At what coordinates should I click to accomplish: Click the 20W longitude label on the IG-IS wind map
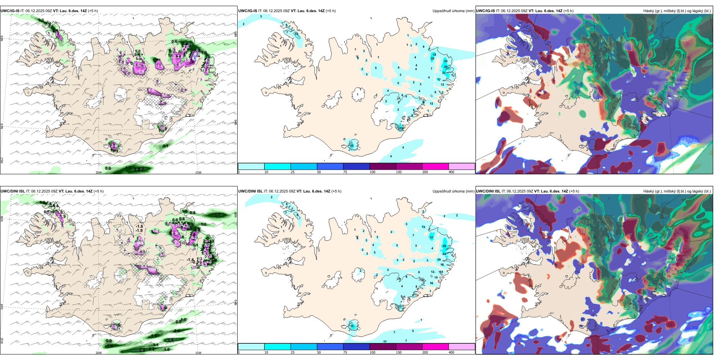pos(99,172)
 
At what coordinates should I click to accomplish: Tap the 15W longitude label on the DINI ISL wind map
pos(198,353)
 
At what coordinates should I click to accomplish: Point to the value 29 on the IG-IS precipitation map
pos(446,67)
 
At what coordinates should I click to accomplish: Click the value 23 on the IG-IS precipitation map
pos(401,128)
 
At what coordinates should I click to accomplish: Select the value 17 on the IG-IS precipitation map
pos(439,80)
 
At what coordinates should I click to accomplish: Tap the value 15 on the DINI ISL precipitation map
pos(352,326)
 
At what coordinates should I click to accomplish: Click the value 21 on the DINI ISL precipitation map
pos(432,237)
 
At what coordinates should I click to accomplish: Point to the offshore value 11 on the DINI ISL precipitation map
pos(385,341)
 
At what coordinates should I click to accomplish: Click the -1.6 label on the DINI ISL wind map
pos(139,226)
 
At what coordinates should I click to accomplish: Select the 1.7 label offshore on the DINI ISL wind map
pos(217,215)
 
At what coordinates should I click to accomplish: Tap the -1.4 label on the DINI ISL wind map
pos(190,260)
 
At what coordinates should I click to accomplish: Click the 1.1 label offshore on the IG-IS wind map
pos(166,146)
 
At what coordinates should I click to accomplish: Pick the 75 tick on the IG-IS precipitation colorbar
pos(345,172)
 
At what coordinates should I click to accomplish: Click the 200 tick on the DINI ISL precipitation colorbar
pos(425,352)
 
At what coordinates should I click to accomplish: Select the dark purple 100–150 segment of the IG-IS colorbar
pos(382,166)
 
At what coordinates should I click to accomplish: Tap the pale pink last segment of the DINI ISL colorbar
pos(462,347)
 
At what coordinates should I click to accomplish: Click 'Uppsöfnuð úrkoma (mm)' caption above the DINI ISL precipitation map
pos(453,191)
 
